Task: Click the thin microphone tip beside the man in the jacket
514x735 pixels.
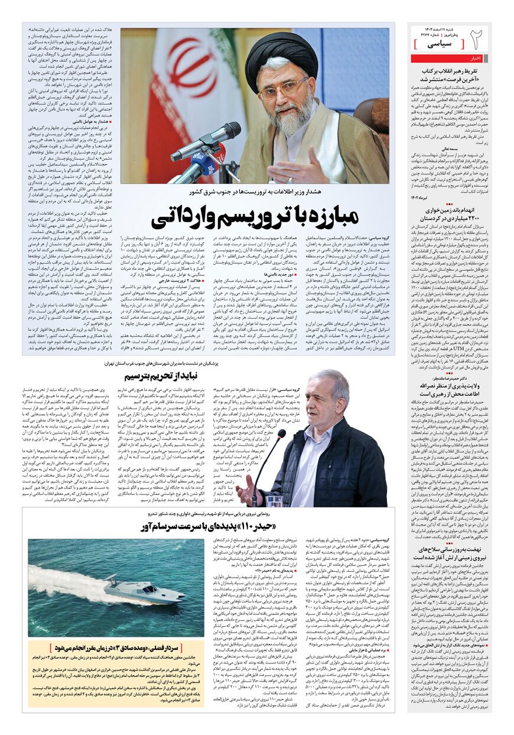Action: pos(282,433)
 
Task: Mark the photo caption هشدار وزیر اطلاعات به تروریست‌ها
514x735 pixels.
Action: pos(254,192)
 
